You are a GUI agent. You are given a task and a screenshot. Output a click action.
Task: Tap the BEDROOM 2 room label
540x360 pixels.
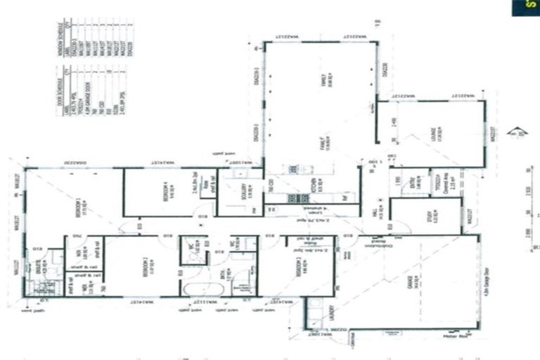click(x=143, y=266)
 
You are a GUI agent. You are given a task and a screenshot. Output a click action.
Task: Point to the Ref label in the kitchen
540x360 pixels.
click(x=345, y=198)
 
